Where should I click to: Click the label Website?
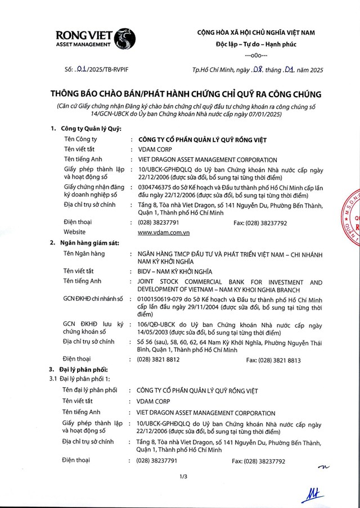click(75, 232)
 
